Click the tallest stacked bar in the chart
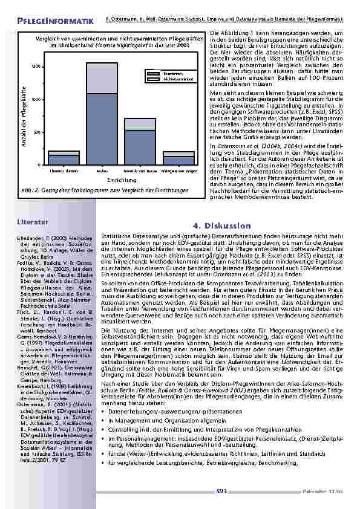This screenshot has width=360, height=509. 102,115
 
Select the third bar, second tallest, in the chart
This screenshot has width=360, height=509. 140,141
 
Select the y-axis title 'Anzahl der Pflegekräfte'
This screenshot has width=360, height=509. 25,115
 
